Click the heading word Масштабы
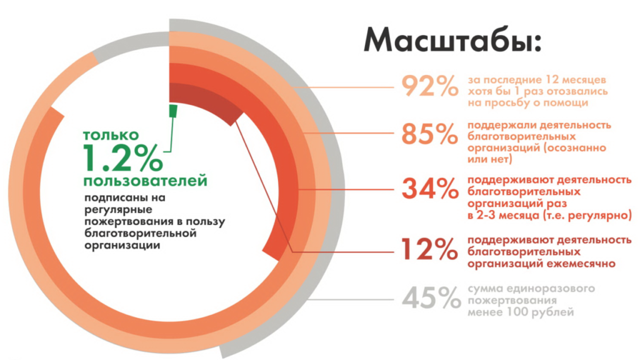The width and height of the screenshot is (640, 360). (x=452, y=40)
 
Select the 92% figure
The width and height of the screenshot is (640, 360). (x=430, y=86)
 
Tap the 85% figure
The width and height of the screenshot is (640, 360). (x=430, y=134)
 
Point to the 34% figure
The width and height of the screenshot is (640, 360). (x=430, y=188)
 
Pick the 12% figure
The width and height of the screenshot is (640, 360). (x=430, y=249)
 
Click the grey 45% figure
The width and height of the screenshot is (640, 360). (x=431, y=297)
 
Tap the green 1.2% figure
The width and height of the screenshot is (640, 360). (x=123, y=158)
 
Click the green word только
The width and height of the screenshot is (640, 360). (x=111, y=135)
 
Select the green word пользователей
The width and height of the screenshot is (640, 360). (x=145, y=181)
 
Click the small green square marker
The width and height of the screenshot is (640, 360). (x=173, y=110)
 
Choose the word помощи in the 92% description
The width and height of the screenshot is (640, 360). (x=565, y=103)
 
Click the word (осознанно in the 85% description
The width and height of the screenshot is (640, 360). (x=575, y=147)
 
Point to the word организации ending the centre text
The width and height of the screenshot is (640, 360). (x=122, y=246)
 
